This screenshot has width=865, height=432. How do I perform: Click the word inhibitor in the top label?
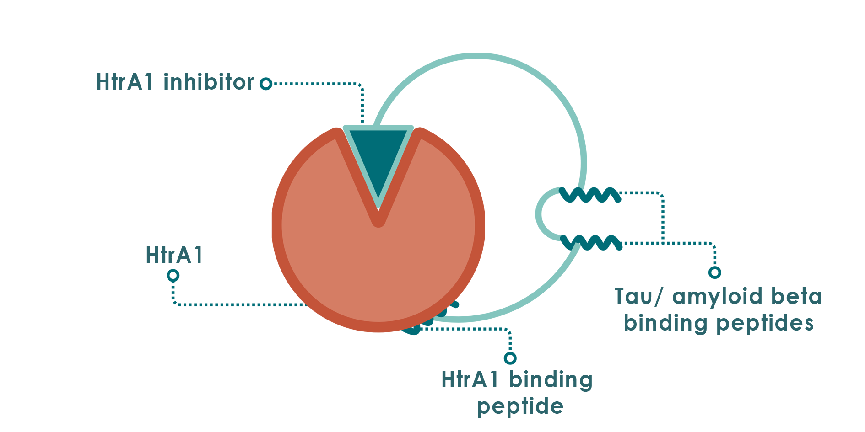208,82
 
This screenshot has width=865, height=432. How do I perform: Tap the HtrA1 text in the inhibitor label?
124,82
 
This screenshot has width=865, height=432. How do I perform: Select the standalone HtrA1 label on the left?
174,255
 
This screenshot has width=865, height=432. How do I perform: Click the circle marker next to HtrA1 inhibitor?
266,84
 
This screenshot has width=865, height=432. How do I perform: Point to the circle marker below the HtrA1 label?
173,275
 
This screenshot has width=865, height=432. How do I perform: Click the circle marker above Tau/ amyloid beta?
714,272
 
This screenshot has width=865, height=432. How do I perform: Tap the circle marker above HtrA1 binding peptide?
510,357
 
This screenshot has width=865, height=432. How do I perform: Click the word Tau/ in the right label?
638,297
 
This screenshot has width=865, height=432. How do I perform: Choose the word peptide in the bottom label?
520,406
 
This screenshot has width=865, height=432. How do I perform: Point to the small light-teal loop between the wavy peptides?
540,214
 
